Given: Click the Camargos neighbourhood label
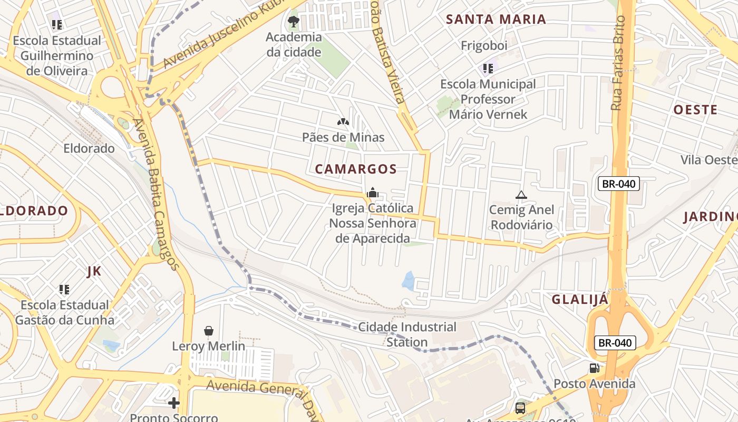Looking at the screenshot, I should click(355, 169).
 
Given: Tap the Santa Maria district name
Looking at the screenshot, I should click(496, 20).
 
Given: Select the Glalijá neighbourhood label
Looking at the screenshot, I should click(580, 300).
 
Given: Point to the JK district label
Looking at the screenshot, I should click(93, 272).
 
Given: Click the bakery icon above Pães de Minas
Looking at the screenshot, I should click(343, 122).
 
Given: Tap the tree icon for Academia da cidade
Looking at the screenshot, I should click(294, 22).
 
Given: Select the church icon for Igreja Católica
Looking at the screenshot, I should click(373, 193).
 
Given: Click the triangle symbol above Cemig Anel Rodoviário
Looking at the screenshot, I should click(521, 195).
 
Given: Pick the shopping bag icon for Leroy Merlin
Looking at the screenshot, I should click(209, 331).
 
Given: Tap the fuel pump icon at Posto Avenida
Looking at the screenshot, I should click(594, 368).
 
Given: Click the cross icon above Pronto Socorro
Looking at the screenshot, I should click(174, 403).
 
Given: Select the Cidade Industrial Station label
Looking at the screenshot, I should click(407, 334).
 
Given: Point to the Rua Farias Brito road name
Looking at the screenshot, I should click(618, 63).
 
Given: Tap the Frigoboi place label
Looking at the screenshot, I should click(484, 46).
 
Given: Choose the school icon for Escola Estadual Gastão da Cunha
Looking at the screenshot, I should click(64, 289).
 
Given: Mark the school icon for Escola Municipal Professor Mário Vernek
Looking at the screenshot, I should click(488, 68).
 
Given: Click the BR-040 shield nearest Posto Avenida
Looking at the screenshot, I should click(615, 343).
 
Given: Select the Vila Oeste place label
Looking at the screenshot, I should click(708, 160).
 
